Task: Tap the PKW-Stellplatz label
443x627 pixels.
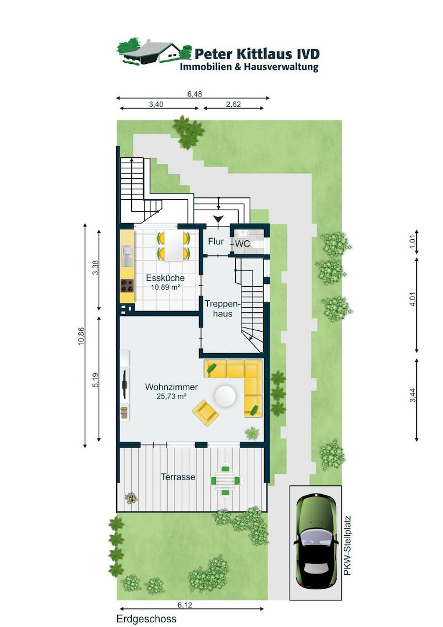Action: (347, 545)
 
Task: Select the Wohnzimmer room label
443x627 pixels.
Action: (171, 387)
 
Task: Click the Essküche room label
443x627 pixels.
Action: (165, 278)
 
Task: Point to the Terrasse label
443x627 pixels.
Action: (178, 477)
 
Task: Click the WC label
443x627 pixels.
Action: (242, 243)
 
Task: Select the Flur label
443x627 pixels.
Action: (216, 242)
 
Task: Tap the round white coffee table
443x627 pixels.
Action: (225, 396)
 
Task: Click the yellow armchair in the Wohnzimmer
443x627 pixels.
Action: (206, 412)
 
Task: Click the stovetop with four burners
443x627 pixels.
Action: (128, 286)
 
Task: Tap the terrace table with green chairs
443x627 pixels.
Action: (226, 480)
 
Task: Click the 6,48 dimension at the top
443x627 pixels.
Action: (195, 94)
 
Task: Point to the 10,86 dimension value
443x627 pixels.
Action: (81, 336)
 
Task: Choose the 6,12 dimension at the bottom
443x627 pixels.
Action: (185, 605)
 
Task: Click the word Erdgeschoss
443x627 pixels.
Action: (146, 619)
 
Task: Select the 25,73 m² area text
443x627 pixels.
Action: (171, 397)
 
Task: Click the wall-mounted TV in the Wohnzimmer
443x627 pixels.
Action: (125, 383)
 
